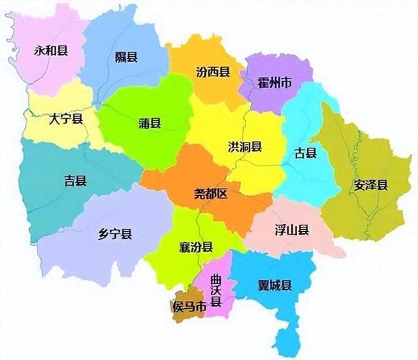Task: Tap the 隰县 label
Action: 127,57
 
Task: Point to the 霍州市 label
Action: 275,84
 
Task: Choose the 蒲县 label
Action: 150,123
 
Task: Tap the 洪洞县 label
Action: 245,146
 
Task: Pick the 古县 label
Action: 306,153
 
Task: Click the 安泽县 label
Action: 370,185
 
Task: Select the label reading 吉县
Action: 75,181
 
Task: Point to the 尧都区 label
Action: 211,194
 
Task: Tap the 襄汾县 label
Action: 196,248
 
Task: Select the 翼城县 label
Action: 274,286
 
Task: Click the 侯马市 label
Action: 188,307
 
